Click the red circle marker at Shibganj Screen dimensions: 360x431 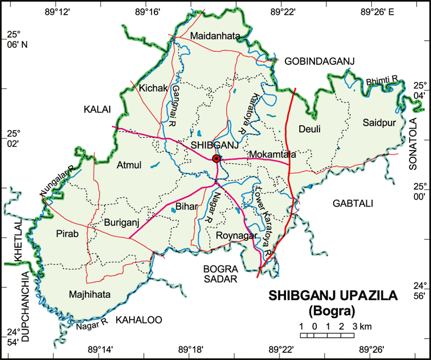pos(216,159)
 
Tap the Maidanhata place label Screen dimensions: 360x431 pos(215,36)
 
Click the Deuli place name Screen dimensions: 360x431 pos(309,129)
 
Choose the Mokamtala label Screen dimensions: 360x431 pos(272,154)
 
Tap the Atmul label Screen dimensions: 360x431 pos(129,164)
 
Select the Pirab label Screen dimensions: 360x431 pos(68,234)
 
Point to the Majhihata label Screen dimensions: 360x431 pos(90,294)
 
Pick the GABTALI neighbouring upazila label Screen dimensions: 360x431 pos(352,203)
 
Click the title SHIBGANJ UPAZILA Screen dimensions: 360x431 pos(333,296)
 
